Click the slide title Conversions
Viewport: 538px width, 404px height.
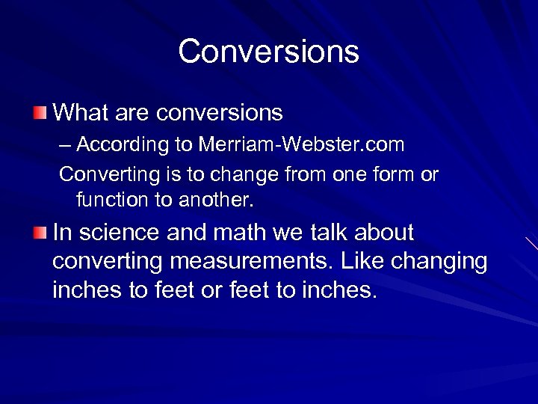point(268,52)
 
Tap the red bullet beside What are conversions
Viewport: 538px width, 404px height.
point(39,113)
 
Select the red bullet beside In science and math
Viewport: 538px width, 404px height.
point(39,233)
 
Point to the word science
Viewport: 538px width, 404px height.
point(119,233)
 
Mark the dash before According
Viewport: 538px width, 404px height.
point(67,144)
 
